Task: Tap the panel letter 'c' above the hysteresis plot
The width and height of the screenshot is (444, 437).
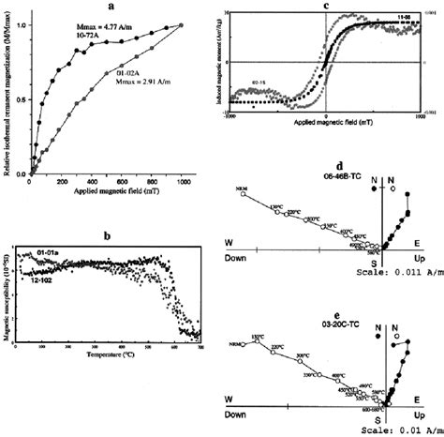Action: point(323,7)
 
